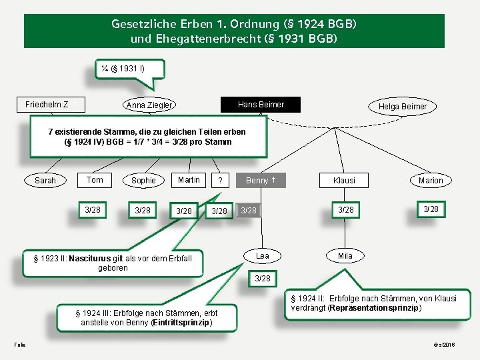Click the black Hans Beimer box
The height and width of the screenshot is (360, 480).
pos(261,105)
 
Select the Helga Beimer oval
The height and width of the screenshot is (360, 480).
pos(402,107)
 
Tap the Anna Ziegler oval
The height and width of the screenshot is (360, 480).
pos(149,105)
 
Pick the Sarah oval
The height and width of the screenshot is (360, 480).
pos(45,180)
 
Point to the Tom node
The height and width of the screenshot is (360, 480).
pos(95,179)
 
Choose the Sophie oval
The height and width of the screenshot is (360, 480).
pos(143,180)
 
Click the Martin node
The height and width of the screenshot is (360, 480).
pos(189,179)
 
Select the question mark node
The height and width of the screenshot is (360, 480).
pos(220,181)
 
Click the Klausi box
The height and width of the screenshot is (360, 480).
pos(345,180)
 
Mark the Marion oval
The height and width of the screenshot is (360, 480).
pos(431,180)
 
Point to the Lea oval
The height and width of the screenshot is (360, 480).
pos(263,256)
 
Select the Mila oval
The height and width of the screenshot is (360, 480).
pos(345,256)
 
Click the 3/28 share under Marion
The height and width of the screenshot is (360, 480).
pos(431,209)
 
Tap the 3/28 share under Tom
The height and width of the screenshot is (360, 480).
pos(94,210)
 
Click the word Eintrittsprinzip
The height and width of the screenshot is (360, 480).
pos(181,323)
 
